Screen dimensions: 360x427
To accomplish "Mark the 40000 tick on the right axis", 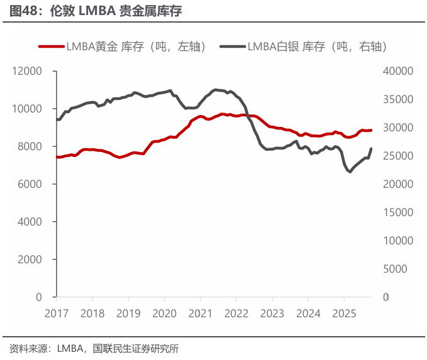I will coord(397,71).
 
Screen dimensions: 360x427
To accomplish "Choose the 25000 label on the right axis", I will coord(397,156).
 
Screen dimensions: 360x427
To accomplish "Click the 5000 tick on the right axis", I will coord(395,269).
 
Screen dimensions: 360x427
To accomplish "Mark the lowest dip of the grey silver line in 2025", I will coord(350,172).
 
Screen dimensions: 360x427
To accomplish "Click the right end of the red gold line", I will coord(371,130).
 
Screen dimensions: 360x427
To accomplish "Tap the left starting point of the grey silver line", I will coord(57,119).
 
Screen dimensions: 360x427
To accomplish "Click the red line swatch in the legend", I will coord(52,46).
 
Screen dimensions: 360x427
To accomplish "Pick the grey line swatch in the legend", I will coord(233,46).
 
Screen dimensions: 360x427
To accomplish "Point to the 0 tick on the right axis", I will coord(386,297).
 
